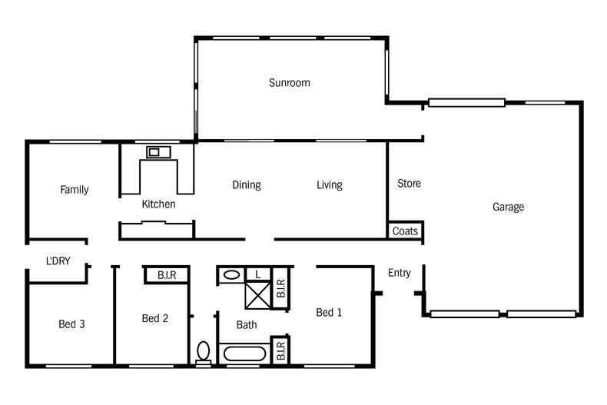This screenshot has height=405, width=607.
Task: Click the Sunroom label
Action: point(289,82)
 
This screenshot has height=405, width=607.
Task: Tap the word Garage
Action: point(508,207)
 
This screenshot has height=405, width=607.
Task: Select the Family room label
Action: point(75,190)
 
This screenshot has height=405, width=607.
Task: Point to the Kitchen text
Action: point(158,204)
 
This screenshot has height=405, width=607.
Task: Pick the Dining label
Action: point(247,185)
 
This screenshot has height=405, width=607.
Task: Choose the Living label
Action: point(330,185)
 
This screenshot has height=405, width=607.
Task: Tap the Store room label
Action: point(409,184)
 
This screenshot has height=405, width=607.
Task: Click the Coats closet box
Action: point(405,231)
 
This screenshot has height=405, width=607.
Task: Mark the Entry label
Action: point(399,273)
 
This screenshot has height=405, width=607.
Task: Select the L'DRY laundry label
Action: point(58,261)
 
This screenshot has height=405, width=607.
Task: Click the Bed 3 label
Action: point(71,324)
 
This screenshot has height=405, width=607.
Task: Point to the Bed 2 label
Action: point(155,318)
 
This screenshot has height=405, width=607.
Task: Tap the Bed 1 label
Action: point(329,312)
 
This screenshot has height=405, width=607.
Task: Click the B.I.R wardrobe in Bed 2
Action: point(167,274)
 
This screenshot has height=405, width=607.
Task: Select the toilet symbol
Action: point(203,351)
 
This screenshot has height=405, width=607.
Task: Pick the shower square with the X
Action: point(259,295)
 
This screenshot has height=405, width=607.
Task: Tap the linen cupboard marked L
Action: point(258,274)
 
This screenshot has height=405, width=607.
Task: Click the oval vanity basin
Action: point(231,274)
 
